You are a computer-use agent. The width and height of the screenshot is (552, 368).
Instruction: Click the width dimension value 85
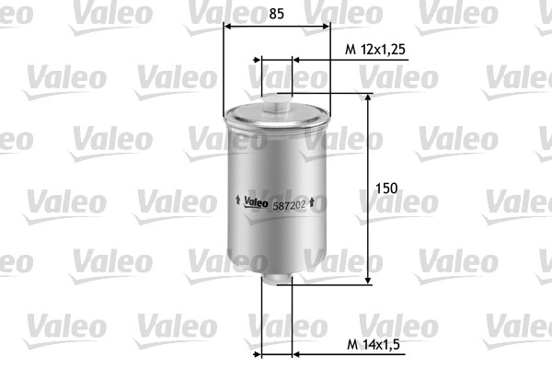[276, 14]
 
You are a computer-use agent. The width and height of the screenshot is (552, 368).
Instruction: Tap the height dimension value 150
[386, 188]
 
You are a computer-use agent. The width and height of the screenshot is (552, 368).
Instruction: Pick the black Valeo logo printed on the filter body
[255, 204]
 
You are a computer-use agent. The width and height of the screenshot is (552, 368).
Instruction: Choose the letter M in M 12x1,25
[349, 48]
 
